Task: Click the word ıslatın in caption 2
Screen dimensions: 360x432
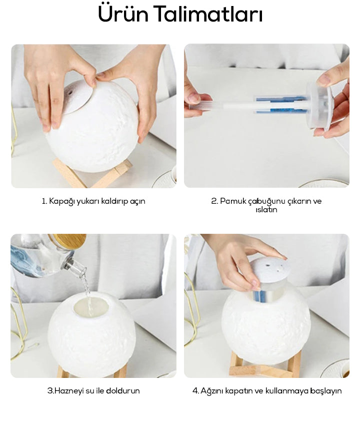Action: click(266, 210)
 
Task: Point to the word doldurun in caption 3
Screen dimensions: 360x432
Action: click(123, 390)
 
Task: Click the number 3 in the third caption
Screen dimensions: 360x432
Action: click(50, 391)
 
